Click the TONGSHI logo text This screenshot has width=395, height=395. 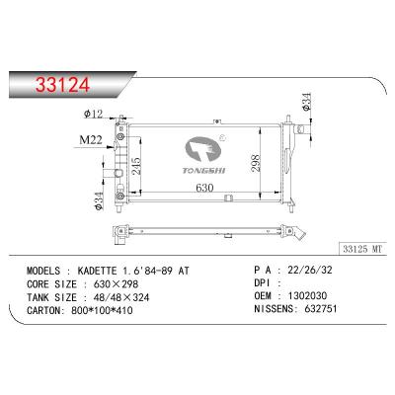[x=203, y=168]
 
